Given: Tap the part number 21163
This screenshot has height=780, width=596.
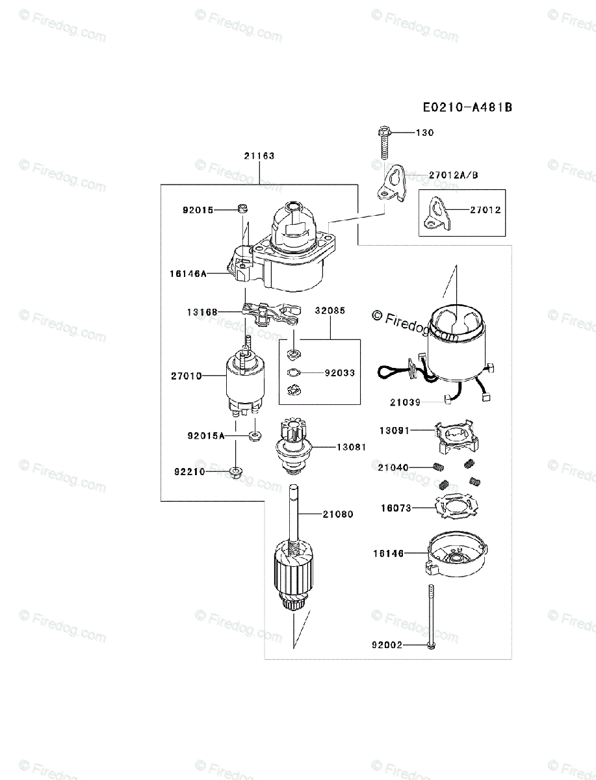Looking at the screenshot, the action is pyautogui.click(x=259, y=156).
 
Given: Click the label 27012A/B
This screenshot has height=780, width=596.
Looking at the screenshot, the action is pyautogui.click(x=453, y=175).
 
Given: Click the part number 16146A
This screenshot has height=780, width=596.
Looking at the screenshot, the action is pyautogui.click(x=187, y=274).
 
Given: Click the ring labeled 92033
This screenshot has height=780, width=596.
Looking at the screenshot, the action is pyautogui.click(x=293, y=372).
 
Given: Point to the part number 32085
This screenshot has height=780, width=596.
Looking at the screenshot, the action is pyautogui.click(x=330, y=311).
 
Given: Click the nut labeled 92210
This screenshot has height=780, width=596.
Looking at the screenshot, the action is pyautogui.click(x=235, y=471).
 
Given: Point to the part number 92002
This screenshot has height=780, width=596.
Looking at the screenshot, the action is pyautogui.click(x=387, y=646).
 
